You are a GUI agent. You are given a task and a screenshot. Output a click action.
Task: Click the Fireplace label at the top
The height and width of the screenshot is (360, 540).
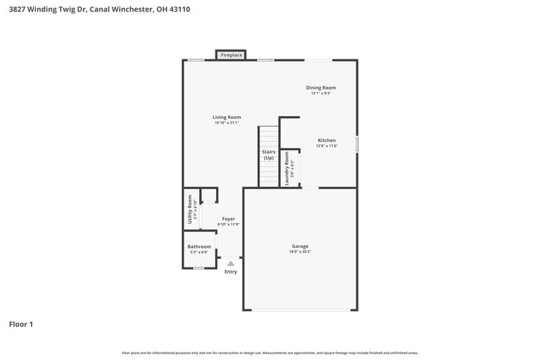pos(232,55)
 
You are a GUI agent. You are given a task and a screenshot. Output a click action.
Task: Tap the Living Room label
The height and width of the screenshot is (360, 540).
pos(227,117)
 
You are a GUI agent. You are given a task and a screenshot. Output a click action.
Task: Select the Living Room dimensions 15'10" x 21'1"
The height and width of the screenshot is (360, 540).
pos(227,123)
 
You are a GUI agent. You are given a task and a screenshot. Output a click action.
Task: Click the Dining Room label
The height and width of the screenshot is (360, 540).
pos(321,88)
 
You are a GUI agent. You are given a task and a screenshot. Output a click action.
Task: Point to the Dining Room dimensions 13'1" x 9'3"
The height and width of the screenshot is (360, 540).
pos(321,93)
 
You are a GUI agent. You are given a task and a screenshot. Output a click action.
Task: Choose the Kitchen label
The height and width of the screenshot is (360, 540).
pos(327,140)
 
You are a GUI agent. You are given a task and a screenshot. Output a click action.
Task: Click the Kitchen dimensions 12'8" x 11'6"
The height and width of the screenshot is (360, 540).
pos(327,146)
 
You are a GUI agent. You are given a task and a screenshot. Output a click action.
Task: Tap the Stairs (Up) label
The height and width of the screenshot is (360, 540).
pos(269,155)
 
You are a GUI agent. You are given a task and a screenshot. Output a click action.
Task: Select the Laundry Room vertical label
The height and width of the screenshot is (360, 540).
pos(287,168)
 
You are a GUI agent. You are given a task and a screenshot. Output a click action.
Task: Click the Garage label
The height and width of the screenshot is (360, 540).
pos(300,246)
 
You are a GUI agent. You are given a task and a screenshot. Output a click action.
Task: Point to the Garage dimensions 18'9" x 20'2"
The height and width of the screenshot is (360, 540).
pos(300,252)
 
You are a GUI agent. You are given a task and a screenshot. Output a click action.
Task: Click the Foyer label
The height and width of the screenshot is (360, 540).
pos(229,219)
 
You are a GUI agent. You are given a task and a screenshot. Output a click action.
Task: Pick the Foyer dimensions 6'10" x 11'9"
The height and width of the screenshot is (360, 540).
pos(229,224)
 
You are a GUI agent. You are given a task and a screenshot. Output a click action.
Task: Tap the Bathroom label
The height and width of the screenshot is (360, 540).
pos(199,247)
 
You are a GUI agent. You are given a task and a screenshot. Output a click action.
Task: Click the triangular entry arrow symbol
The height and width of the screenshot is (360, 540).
pos(231,263)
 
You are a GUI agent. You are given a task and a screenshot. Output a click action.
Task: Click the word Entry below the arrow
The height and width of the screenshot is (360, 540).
pos(231,272)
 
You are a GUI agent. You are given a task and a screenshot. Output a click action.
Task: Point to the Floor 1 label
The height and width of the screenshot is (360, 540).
pos(21,324)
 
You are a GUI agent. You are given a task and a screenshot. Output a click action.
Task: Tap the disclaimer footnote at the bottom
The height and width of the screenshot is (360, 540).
pos(270,353)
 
